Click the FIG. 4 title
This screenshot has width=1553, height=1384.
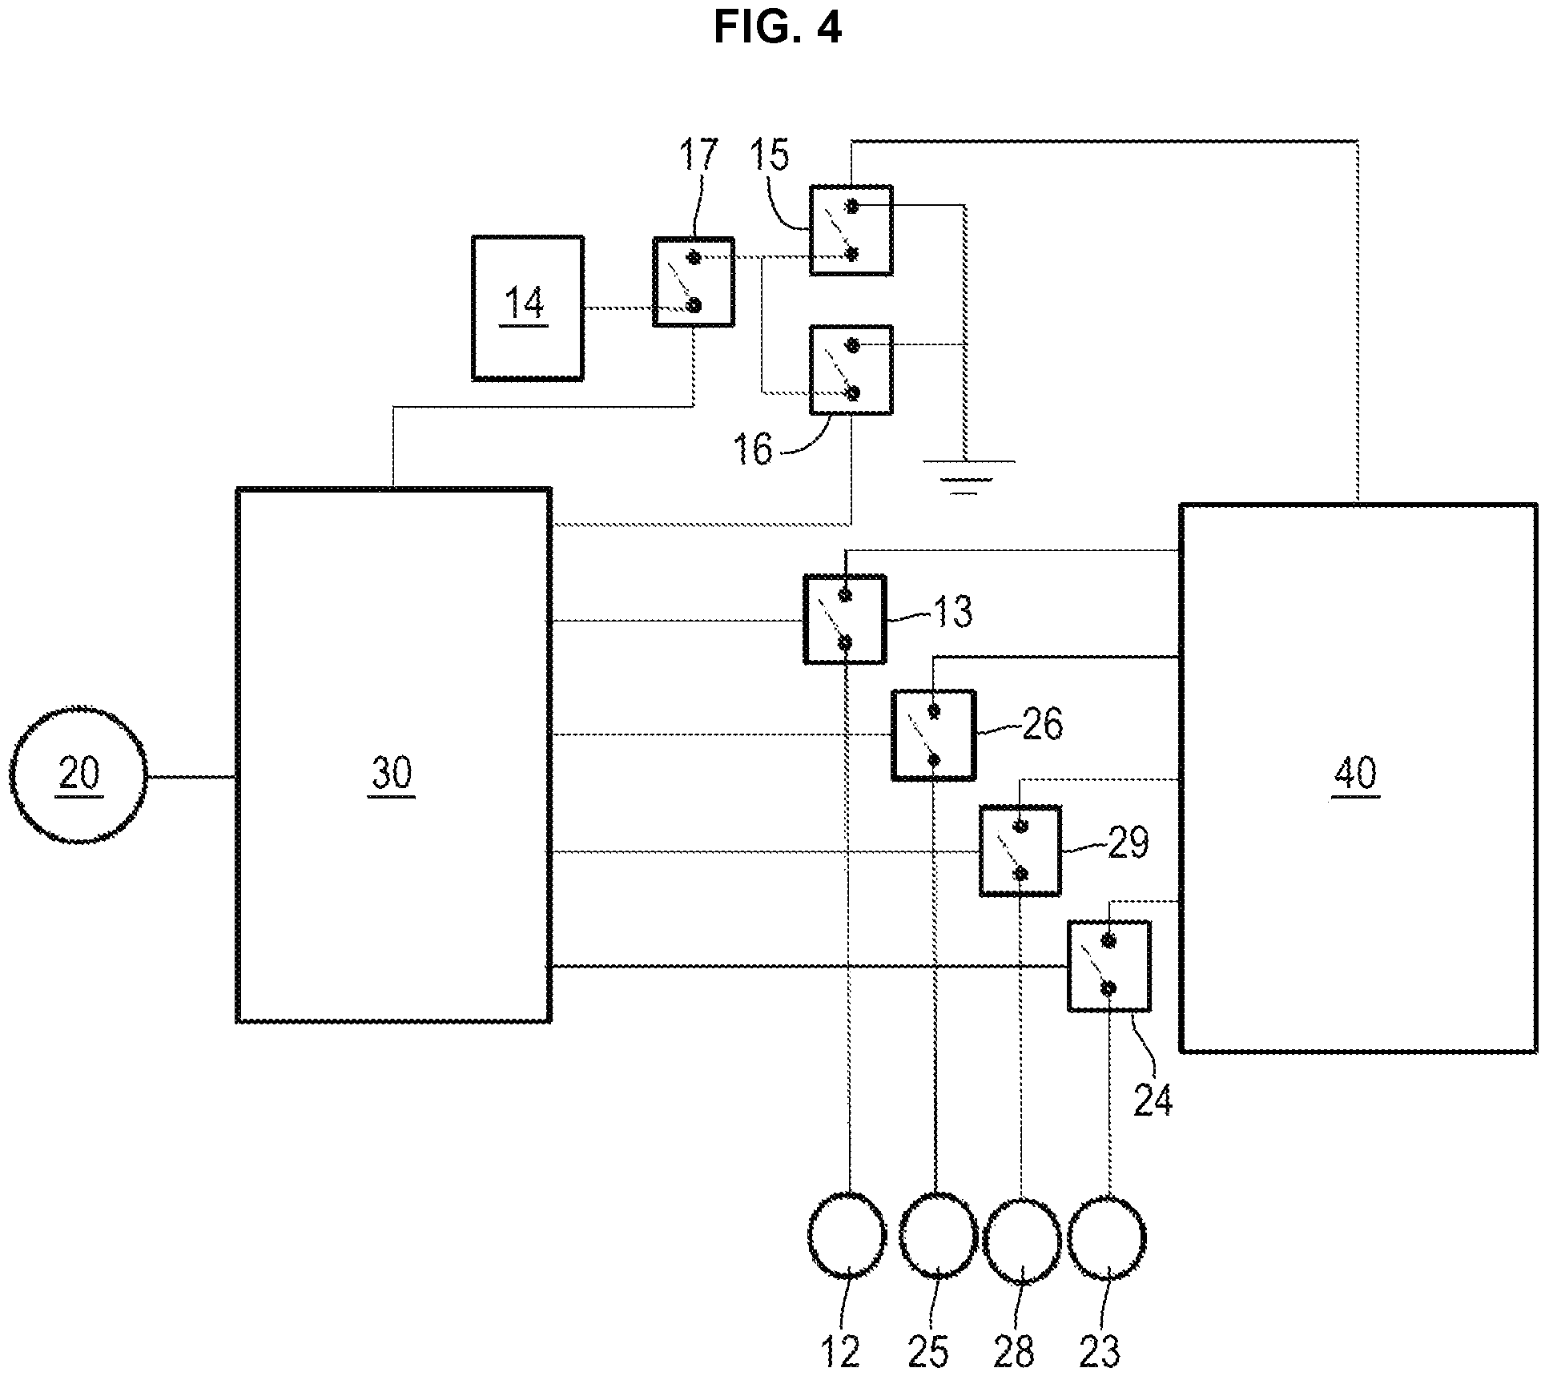(777, 28)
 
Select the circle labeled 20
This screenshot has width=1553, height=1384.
(78, 774)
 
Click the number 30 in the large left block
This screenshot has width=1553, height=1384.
(392, 774)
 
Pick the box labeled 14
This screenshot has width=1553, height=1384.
(527, 308)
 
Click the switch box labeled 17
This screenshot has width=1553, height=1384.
(693, 281)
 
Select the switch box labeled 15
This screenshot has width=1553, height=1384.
(851, 231)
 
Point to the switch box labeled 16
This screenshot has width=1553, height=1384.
(851, 369)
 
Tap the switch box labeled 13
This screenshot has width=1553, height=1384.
(844, 618)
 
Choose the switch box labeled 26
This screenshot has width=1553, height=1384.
(933, 734)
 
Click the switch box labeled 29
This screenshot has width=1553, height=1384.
(1020, 850)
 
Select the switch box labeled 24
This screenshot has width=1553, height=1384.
(1108, 965)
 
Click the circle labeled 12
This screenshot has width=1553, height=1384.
(847, 1236)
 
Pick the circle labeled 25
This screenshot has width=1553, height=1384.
(938, 1236)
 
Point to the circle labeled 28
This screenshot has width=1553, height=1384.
(1022, 1238)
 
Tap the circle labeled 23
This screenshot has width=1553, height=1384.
(1108, 1238)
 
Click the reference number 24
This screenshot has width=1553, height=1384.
(1153, 1100)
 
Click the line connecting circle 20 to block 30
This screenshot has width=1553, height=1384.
(191, 775)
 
